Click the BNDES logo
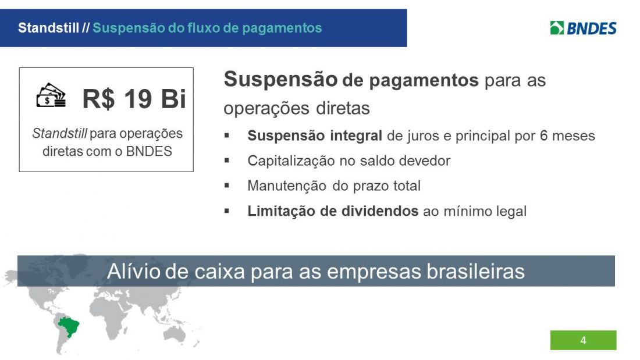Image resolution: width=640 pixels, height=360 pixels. click(x=583, y=28)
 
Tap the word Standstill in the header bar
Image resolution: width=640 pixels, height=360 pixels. click(x=48, y=28)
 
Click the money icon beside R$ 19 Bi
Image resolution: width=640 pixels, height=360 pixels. click(x=51, y=95)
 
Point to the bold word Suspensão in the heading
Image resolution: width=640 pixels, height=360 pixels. click(x=281, y=79)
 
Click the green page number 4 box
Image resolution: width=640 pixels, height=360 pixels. click(x=583, y=340)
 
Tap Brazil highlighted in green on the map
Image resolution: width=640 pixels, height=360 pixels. click(x=69, y=326)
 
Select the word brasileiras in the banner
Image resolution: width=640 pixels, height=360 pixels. click(x=475, y=272)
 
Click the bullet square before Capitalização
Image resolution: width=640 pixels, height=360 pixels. click(x=227, y=161)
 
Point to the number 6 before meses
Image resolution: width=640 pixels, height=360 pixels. click(x=543, y=136)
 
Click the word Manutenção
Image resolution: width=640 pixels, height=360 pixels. click(x=287, y=186)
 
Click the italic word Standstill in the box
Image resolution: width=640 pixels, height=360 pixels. click(x=59, y=133)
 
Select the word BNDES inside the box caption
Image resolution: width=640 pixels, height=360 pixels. click(x=149, y=151)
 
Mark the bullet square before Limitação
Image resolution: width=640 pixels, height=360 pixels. click(x=227, y=211)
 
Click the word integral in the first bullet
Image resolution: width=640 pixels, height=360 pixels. click(x=356, y=136)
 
